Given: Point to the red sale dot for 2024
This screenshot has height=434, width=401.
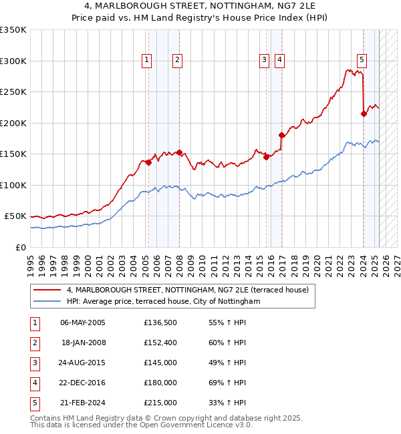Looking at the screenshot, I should pos(364,114).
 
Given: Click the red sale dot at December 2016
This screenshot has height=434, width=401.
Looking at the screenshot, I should pos(281,135).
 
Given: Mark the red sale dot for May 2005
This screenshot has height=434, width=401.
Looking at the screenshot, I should pos(148,162).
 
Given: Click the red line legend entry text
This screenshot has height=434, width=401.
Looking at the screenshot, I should pos(187,290).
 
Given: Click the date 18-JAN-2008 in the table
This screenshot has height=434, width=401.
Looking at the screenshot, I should pos(83,343).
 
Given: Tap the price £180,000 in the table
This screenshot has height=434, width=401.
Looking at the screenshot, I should pos(160,383).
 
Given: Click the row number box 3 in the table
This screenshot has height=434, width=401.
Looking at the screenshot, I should pos(35,363).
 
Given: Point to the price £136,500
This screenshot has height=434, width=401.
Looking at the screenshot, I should pos(160,322).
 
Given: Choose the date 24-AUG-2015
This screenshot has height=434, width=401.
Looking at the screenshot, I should pos(83,363).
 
